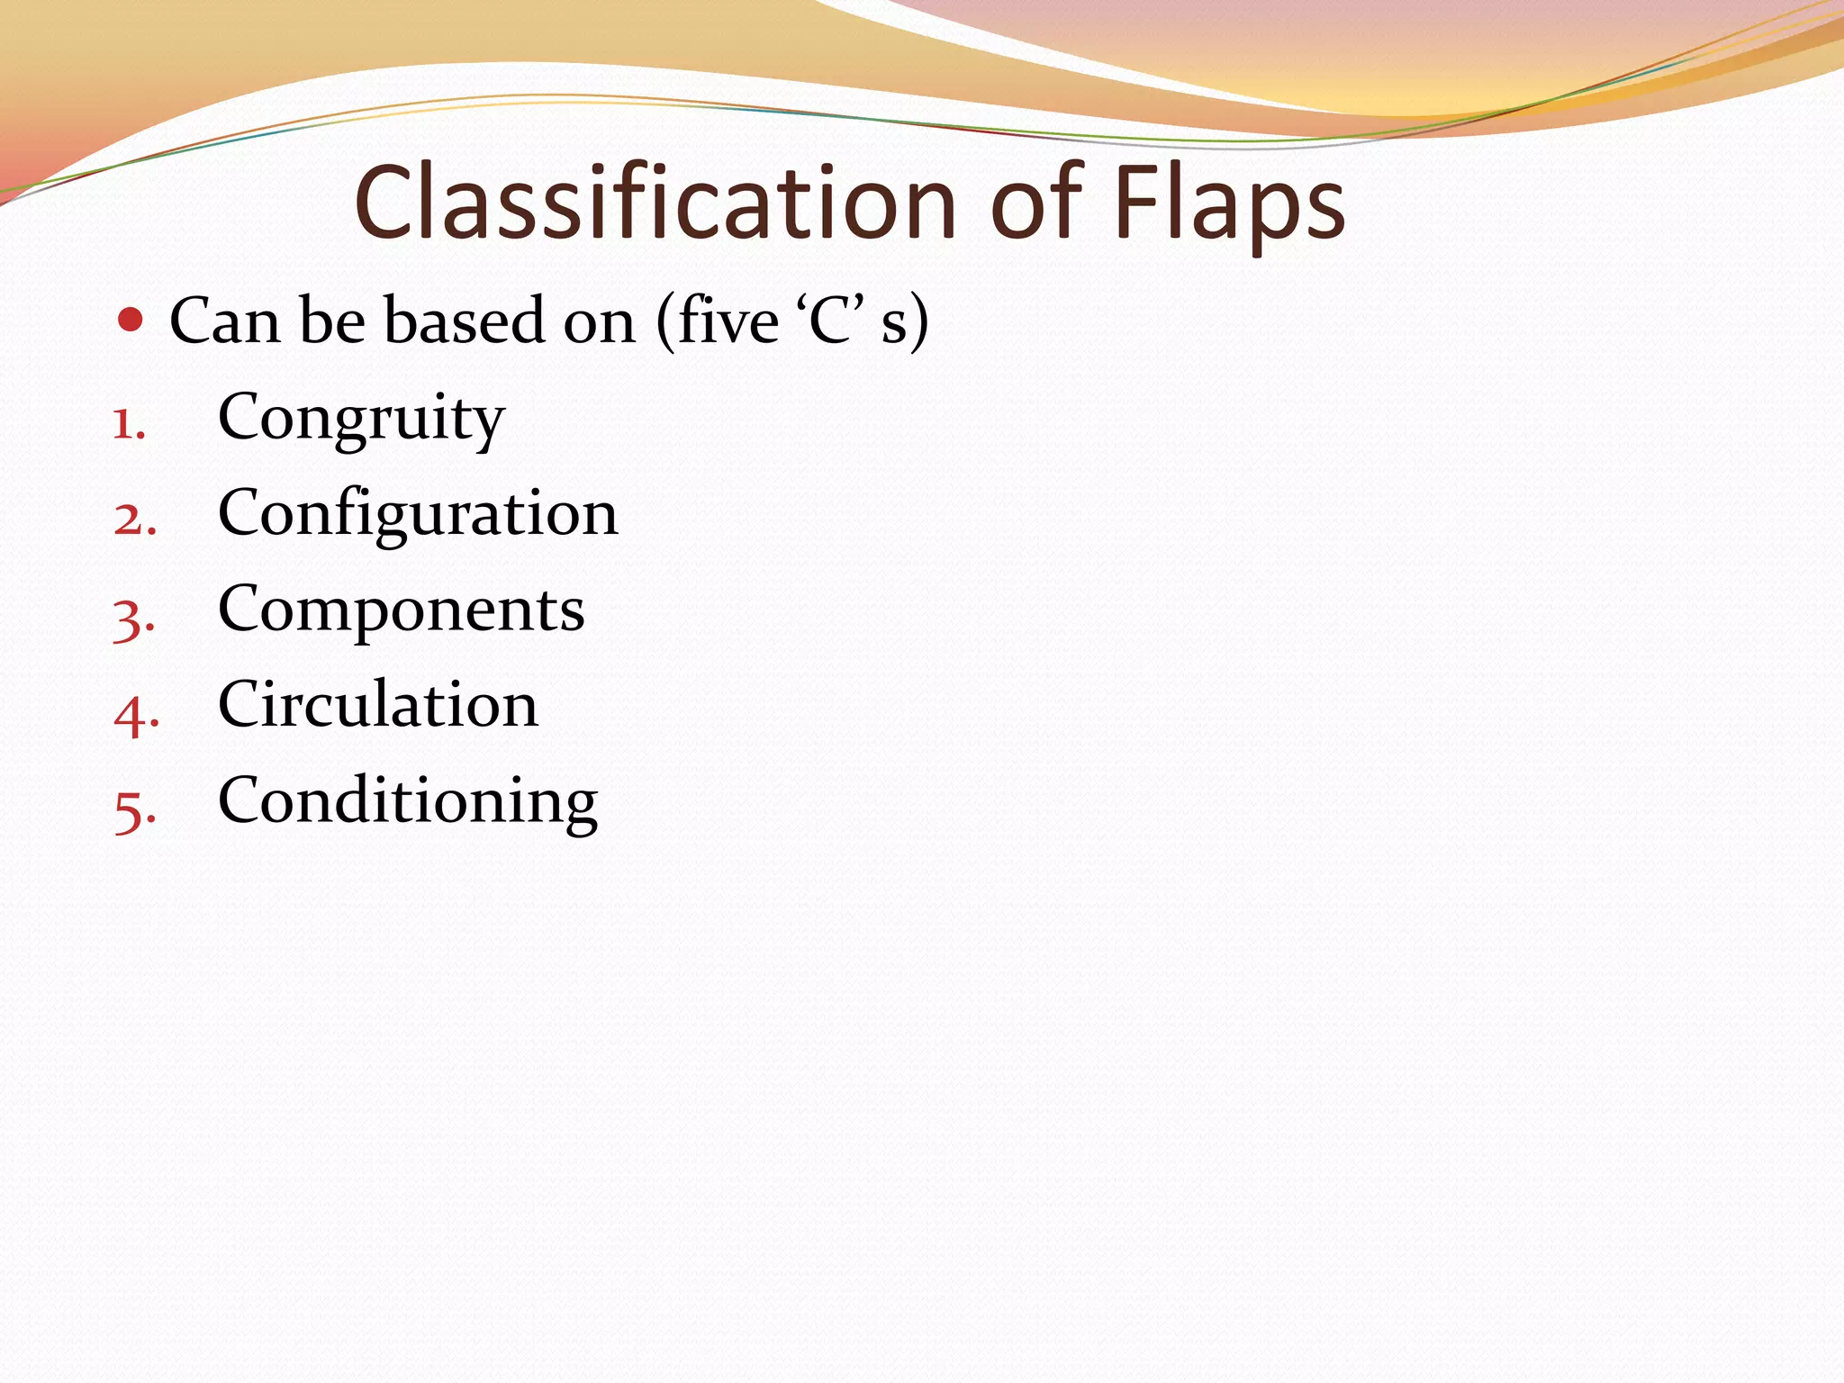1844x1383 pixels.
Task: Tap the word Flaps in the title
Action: coord(1229,205)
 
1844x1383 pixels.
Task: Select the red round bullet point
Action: coord(131,320)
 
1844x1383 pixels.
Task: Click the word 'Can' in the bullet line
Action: coord(224,321)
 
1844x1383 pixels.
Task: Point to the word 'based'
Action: coord(465,321)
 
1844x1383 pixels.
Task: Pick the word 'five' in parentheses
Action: coord(728,321)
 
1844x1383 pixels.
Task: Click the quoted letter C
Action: coord(828,321)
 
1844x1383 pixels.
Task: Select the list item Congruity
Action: coord(361,419)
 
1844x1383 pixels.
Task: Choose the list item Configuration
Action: coord(418,513)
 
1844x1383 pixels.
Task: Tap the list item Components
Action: coord(401,610)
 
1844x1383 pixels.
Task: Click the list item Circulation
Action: coord(378,704)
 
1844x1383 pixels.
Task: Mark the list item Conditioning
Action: coord(408,800)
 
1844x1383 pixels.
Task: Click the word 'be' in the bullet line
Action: coord(332,321)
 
